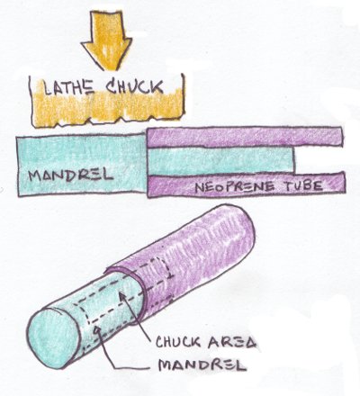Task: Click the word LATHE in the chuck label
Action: pyautogui.click(x=68, y=87)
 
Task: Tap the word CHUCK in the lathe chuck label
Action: pyautogui.click(x=135, y=86)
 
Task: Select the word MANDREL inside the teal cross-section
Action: pyautogui.click(x=70, y=175)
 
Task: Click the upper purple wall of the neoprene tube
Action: pyautogui.click(x=245, y=137)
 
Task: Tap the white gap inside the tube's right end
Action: pyautogui.click(x=319, y=160)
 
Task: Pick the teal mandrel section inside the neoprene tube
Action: pyautogui.click(x=220, y=162)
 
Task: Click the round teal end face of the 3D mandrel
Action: pyautogui.click(x=53, y=338)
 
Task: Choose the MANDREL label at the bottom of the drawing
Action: pyautogui.click(x=202, y=364)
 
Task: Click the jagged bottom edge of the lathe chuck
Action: pyautogui.click(x=108, y=121)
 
